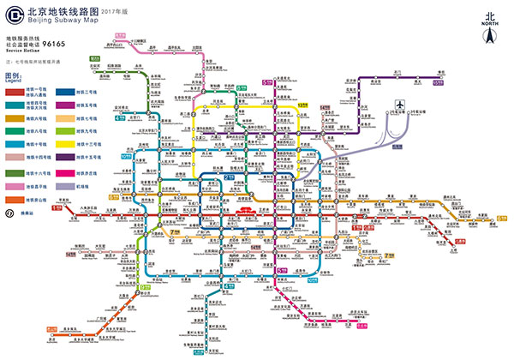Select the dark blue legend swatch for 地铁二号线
point(65,89)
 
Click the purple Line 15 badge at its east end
point(438,82)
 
